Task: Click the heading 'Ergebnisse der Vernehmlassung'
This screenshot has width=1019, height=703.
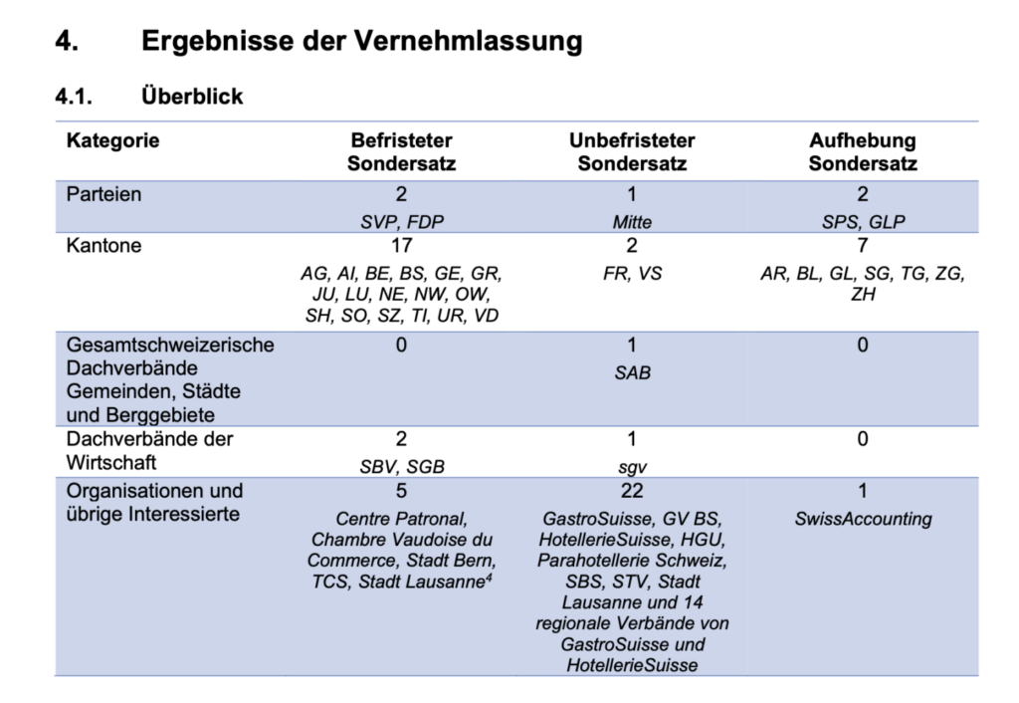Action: coord(361,42)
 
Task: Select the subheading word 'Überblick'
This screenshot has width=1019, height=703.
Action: coord(192,97)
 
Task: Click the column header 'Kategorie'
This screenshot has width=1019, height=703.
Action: coord(112,140)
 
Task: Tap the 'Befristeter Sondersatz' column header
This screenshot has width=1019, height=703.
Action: coord(401,151)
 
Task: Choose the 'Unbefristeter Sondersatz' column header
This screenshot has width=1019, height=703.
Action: coord(632,151)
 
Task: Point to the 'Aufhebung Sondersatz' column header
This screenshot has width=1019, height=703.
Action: coord(862,151)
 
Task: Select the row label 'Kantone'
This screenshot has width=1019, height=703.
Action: coord(103,246)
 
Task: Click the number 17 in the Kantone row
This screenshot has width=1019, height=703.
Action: coord(401,246)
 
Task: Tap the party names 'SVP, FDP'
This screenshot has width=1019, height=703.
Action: coord(401,222)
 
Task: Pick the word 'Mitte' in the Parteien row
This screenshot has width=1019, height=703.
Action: coord(632,222)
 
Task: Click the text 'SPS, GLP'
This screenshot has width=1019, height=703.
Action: coord(862,222)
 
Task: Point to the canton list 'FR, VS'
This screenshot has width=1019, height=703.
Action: coord(632,274)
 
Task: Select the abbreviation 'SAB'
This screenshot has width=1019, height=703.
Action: coord(632,373)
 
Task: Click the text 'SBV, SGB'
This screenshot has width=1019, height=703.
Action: coord(401,466)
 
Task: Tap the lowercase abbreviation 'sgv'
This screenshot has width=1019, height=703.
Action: coord(632,466)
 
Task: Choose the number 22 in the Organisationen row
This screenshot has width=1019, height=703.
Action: coord(632,491)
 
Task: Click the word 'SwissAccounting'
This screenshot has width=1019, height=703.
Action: coord(863,519)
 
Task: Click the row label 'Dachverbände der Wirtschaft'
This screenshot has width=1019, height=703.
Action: coord(148,450)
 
